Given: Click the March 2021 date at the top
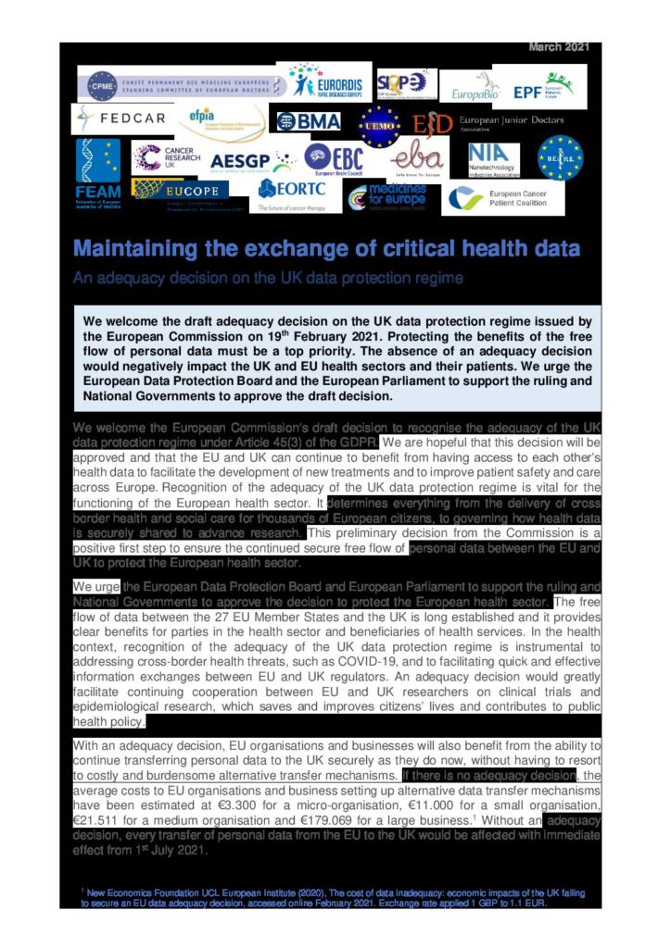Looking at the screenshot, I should coord(564,46).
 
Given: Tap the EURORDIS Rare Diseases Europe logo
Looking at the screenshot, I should coord(328,82).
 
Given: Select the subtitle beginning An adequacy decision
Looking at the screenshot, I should coord(268,278).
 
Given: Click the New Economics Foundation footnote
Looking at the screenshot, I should coord(333,896).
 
